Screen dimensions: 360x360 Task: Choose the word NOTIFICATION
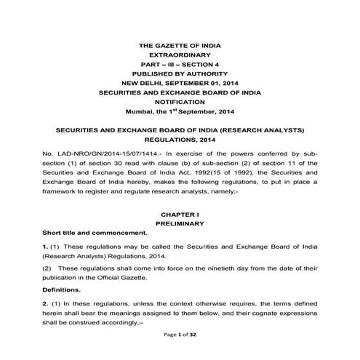180,103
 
